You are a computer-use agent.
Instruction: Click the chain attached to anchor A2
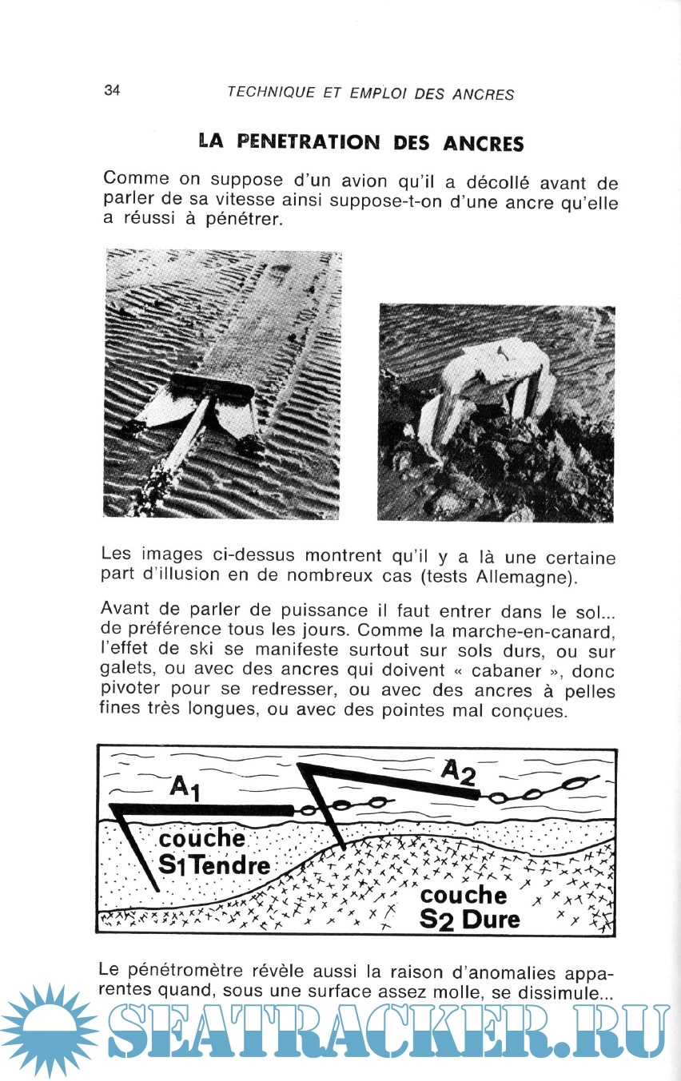click(x=544, y=792)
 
